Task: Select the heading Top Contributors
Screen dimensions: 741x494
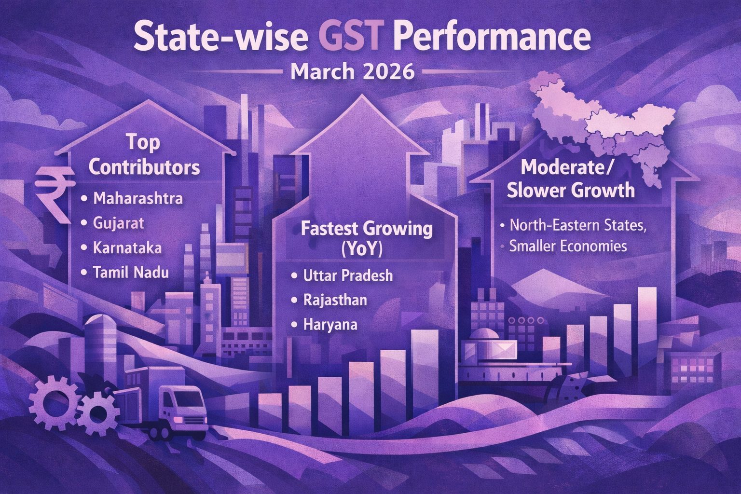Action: (x=144, y=155)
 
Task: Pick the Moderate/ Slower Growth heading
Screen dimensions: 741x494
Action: (x=571, y=179)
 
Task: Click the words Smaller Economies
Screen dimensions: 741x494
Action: (x=568, y=246)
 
